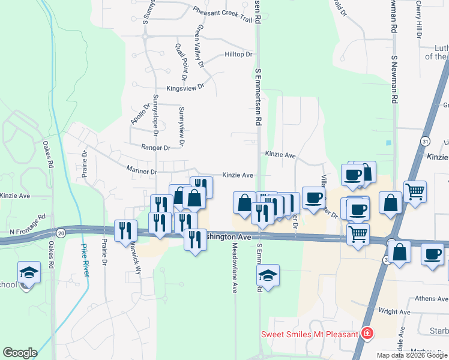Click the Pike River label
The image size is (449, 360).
[86, 260]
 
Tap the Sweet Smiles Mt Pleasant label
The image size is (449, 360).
[309, 334]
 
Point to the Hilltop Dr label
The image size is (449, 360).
[238, 55]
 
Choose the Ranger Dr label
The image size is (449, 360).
[155, 148]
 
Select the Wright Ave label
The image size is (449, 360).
[394, 312]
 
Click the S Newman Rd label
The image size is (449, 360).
[394, 81]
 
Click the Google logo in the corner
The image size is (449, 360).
[20, 353]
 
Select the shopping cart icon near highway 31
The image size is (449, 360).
[415, 192]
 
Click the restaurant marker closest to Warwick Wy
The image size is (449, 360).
[125, 229]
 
